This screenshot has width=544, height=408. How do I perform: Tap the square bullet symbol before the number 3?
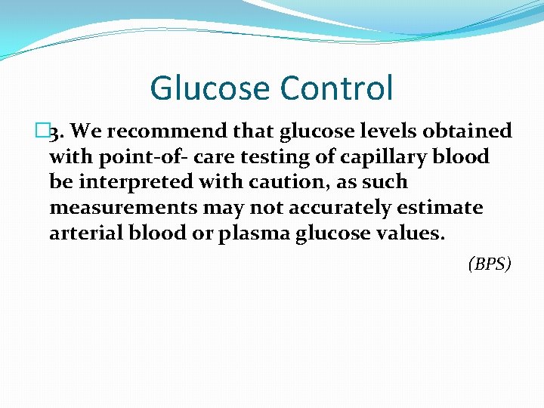click(x=41, y=131)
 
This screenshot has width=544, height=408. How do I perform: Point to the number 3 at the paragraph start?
click(x=55, y=132)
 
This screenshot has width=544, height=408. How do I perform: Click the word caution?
click(x=286, y=182)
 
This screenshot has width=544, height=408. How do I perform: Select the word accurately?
click(x=334, y=208)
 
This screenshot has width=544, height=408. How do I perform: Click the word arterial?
click(x=82, y=233)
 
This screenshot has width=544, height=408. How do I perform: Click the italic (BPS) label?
click(x=490, y=264)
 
